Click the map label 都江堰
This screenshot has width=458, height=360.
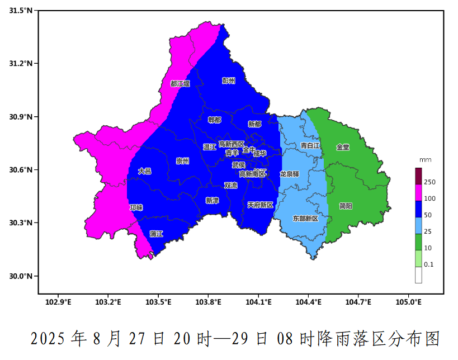[x=180, y=84]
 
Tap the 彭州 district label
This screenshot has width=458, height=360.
[x=229, y=81]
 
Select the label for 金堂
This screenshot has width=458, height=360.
[x=343, y=148]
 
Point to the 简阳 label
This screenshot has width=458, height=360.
[x=346, y=206]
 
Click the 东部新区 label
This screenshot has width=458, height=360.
[x=305, y=219]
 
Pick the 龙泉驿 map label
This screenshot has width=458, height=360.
[x=290, y=174]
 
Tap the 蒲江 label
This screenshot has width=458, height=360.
[x=157, y=234]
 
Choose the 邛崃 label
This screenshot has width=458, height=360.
[x=136, y=207]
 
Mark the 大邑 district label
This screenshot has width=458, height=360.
[x=144, y=171]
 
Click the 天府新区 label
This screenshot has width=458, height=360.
[x=260, y=205]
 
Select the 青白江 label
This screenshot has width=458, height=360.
[x=310, y=145]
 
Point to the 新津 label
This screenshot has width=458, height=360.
[x=212, y=200]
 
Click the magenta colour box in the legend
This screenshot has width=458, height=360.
[x=418, y=192]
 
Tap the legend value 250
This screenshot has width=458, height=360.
[x=430, y=182]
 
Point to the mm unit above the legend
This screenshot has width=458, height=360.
[x=425, y=160]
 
